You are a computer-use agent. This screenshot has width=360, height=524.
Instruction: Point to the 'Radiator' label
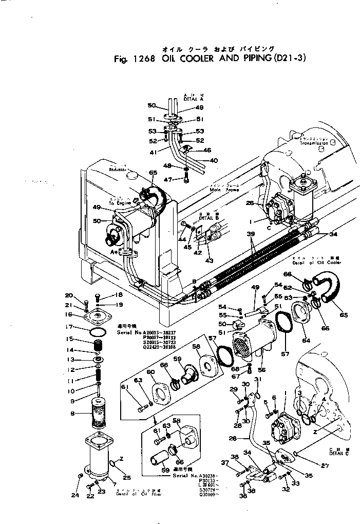(117, 169)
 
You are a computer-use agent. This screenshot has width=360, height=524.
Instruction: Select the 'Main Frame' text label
(222, 190)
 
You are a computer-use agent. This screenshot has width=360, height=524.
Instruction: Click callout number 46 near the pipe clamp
(207, 151)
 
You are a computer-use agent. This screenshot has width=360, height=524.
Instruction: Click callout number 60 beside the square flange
(136, 371)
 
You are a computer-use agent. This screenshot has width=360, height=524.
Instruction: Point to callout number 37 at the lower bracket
(224, 462)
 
